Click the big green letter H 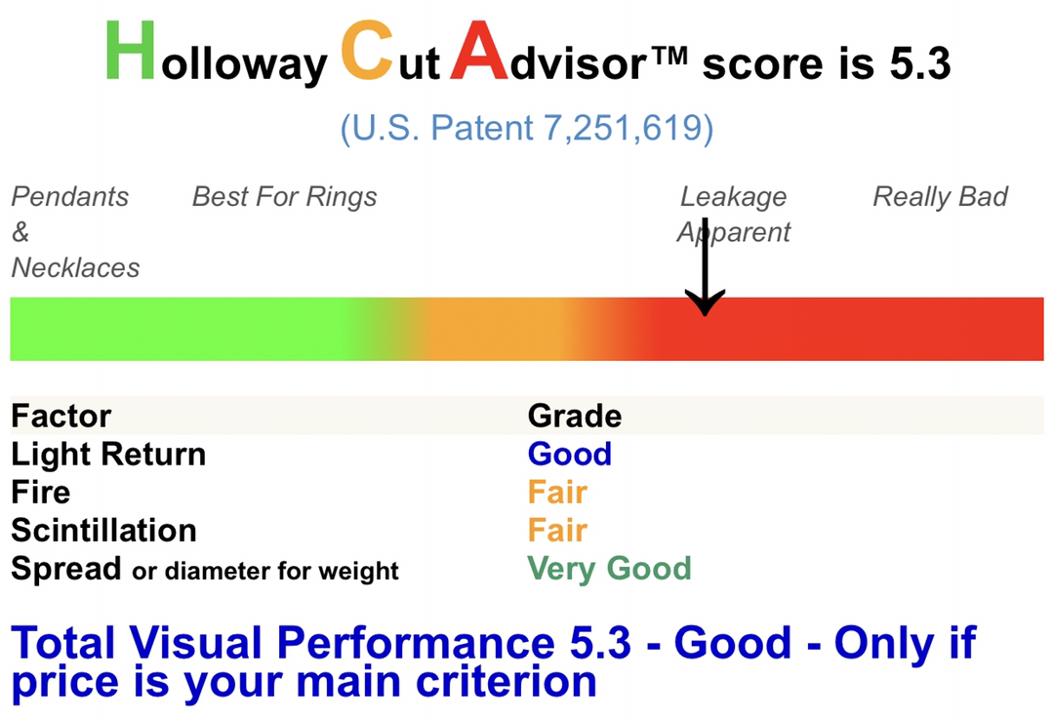tap(131, 51)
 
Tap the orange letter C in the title tap(367, 51)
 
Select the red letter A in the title tap(478, 51)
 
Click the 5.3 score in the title tap(920, 63)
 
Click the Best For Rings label tap(284, 197)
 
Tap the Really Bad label tap(940, 197)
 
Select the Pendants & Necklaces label tap(75, 232)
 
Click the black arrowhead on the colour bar tap(705, 302)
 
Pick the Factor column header tap(61, 417)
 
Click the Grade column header tap(575, 417)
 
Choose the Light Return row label tap(108, 455)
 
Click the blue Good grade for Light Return tap(569, 455)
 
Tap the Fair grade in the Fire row tap(557, 492)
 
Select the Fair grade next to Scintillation tap(557, 531)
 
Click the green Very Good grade tap(609, 569)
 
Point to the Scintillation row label tap(103, 531)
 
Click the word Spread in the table tap(66, 570)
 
